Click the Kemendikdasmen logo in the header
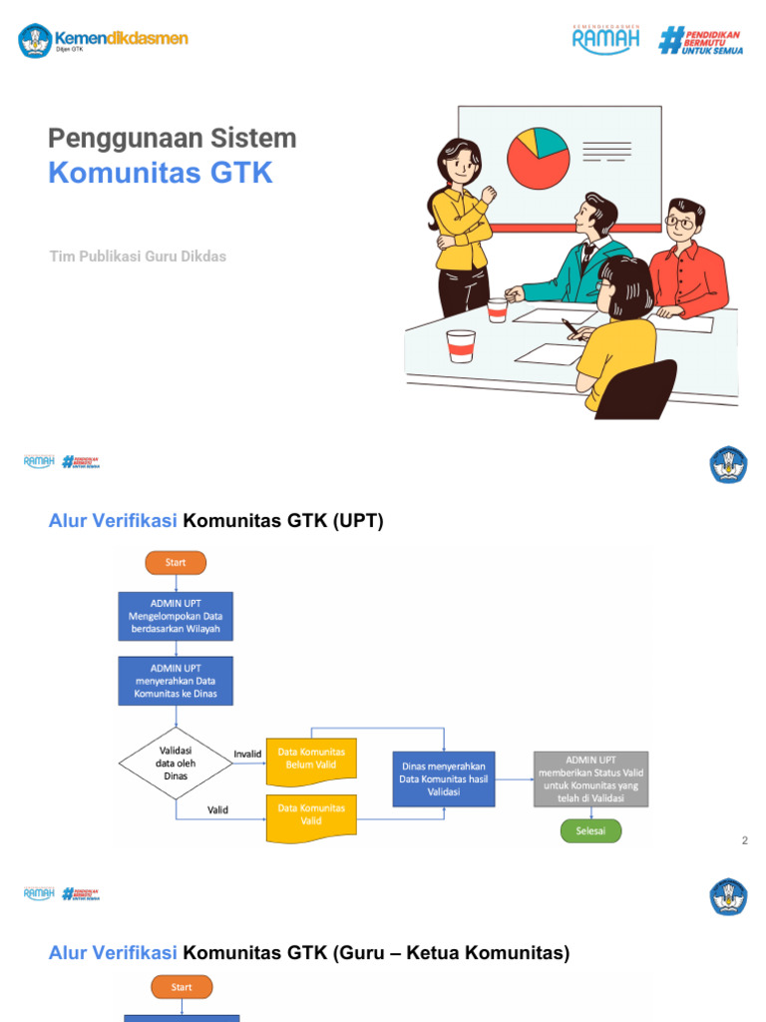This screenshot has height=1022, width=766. pyautogui.click(x=103, y=40)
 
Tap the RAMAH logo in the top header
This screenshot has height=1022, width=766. pyautogui.click(x=605, y=39)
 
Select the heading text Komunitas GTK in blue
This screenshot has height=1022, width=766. pyautogui.click(x=161, y=173)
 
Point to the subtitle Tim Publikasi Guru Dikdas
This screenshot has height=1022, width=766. pyautogui.click(x=138, y=256)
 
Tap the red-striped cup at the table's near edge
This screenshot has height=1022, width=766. pyautogui.click(x=461, y=345)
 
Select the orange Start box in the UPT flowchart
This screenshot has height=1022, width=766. pyautogui.click(x=176, y=563)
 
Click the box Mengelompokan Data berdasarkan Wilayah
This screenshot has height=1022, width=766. pyautogui.click(x=176, y=616)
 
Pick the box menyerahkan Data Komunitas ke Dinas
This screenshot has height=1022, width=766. pyautogui.click(x=176, y=681)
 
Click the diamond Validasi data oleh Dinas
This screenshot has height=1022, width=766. pyautogui.click(x=176, y=764)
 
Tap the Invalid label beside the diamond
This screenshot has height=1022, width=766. pyautogui.click(x=247, y=754)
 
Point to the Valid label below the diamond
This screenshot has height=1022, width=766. pyautogui.click(x=218, y=809)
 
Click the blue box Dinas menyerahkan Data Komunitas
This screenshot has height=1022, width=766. pyautogui.click(x=444, y=778)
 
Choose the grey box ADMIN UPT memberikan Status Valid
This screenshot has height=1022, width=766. pyautogui.click(x=590, y=778)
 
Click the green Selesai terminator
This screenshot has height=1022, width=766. pyautogui.click(x=590, y=831)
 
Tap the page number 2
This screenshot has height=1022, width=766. pyautogui.click(x=744, y=841)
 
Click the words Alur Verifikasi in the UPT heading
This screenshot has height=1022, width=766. pyautogui.click(x=113, y=520)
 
